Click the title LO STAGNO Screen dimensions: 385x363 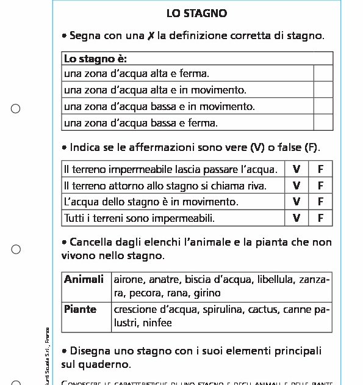[196, 13]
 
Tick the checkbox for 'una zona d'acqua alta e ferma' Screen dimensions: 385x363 [323, 74]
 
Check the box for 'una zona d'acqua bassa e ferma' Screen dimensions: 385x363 [323, 123]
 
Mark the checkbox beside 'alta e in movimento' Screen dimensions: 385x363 [323, 90]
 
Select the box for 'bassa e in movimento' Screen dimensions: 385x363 [323, 106]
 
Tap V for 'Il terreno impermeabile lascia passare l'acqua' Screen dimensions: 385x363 [297, 169]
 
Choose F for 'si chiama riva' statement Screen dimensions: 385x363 [321, 186]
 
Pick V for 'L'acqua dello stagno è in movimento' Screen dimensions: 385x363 [297, 202]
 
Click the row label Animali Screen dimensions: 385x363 [84, 279]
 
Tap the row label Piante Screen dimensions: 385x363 [80, 309]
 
